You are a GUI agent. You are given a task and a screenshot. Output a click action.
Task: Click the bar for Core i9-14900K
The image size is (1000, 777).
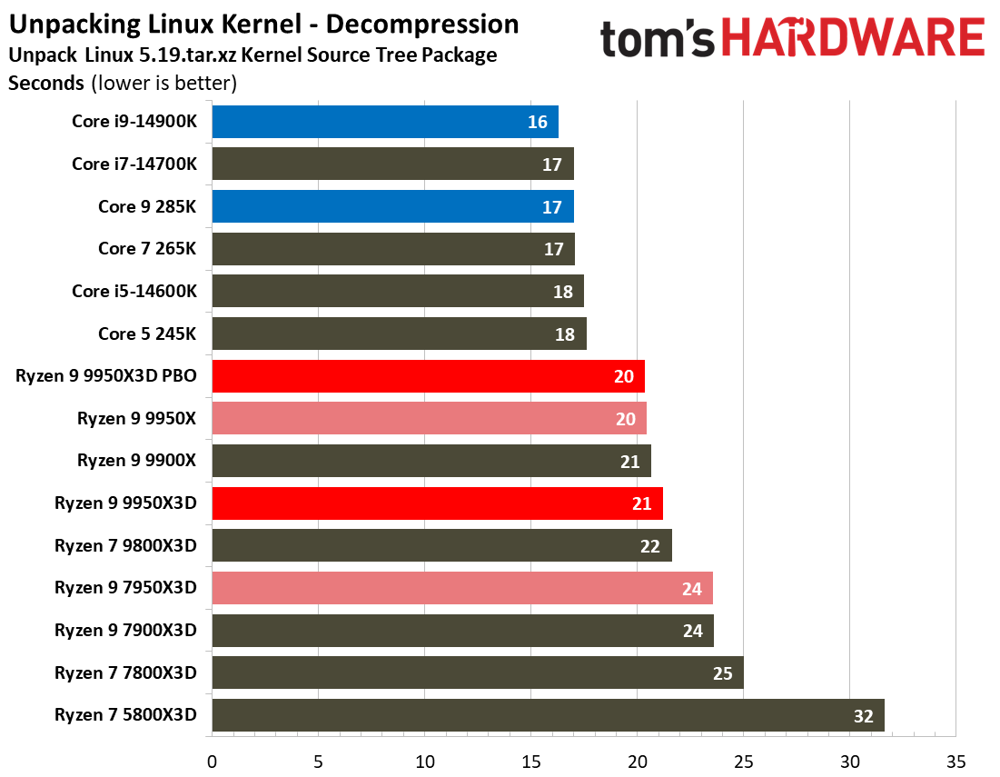pos(385,122)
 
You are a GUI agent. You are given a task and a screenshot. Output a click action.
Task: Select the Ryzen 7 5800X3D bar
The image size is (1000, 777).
pos(548,715)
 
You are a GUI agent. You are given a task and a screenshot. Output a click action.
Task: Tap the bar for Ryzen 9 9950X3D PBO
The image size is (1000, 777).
pos(428,376)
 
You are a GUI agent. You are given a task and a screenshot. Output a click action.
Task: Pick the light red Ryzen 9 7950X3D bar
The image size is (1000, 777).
pos(462,588)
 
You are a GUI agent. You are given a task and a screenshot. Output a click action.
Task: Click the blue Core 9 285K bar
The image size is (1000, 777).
pos(392,206)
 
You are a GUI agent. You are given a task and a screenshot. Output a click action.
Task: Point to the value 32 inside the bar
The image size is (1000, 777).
pos(863,716)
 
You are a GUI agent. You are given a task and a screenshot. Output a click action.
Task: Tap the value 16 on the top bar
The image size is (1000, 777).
pos(537,122)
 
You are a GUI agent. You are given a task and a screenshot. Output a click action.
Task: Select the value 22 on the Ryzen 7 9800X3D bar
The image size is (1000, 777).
pos(650,546)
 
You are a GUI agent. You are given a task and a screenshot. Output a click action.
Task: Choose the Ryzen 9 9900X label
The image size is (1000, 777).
pos(136,461)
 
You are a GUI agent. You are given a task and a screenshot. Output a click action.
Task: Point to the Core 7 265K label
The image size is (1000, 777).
pos(147,249)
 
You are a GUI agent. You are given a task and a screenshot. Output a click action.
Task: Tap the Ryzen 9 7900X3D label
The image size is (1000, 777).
pos(125,631)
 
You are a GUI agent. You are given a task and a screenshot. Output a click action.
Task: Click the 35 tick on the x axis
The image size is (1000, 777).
pos(955,761)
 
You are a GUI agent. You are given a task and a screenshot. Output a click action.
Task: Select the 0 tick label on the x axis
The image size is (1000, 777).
pos(212,761)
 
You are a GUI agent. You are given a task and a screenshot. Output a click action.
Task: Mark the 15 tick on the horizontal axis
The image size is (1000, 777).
pos(530,761)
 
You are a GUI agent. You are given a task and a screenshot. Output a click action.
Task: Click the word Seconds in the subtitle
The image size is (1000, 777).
pos(46,84)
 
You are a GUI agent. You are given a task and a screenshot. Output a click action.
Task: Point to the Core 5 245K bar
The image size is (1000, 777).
pos(399,334)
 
